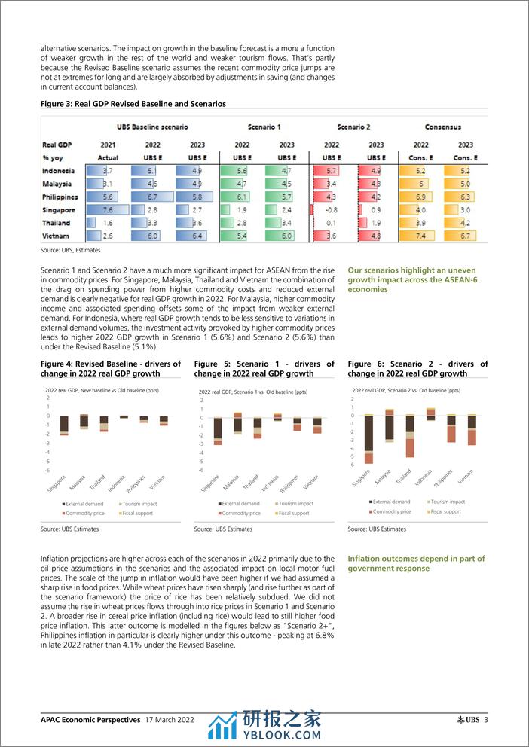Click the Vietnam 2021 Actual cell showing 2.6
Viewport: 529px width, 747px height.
click(108, 236)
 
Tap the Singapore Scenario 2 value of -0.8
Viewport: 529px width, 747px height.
click(332, 210)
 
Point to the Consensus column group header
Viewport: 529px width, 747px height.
click(443, 127)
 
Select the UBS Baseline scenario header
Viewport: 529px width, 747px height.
click(152, 127)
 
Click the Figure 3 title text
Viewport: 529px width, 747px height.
click(133, 104)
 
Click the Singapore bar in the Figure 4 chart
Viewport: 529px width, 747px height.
click(65, 425)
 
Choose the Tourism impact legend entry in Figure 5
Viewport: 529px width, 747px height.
click(295, 503)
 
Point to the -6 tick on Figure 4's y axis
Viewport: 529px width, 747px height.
click(47, 471)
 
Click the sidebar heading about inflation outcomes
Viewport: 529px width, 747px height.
click(416, 563)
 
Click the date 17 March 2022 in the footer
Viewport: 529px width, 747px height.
click(170, 720)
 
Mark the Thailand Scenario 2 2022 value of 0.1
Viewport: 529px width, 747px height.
click(332, 223)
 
